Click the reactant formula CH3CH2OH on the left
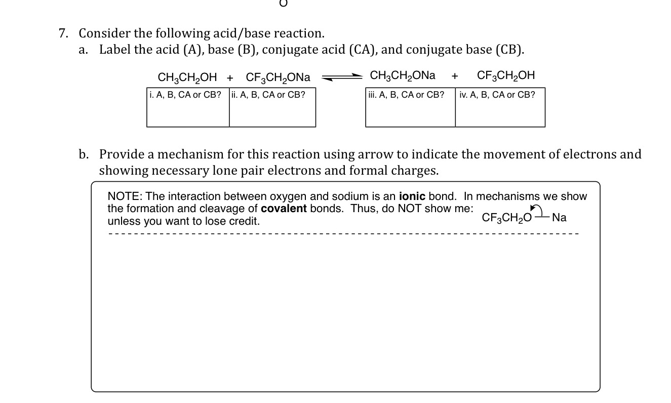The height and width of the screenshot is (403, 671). [x=187, y=77]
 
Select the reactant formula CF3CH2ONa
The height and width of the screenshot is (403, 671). [x=278, y=77]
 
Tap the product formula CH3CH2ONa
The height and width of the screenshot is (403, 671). [x=403, y=75]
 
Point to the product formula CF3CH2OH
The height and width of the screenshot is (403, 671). [x=506, y=75]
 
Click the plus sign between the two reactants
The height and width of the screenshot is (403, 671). [x=230, y=77]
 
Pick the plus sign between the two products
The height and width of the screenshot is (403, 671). [x=455, y=76]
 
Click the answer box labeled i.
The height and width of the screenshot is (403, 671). [x=188, y=107]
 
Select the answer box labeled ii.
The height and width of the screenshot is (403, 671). [x=272, y=107]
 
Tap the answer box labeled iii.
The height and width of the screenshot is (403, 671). [x=410, y=107]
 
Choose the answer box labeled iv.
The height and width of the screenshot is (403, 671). [x=500, y=107]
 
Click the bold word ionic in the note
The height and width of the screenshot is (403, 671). [x=412, y=196]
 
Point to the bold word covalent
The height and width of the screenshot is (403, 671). [x=284, y=209]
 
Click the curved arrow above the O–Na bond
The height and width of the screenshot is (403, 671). [x=535, y=209]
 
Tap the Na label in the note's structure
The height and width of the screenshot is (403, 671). [x=559, y=218]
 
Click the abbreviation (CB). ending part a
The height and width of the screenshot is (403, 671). [x=510, y=50]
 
